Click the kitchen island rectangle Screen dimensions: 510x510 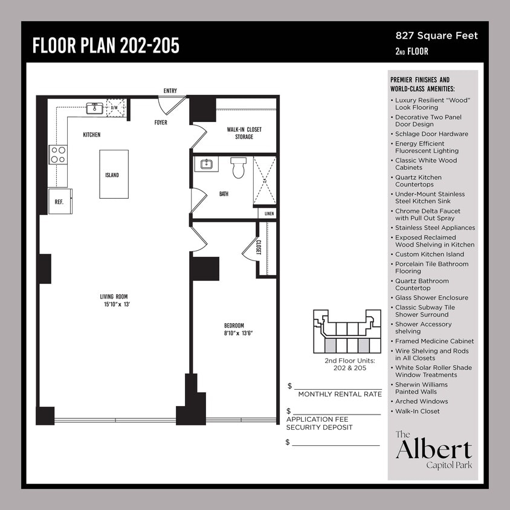(x=114, y=174)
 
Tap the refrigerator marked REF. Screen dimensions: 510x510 (x=60, y=201)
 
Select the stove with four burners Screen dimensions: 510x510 (x=58, y=155)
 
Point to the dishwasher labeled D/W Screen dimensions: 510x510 (x=115, y=108)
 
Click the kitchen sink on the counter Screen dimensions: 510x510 (x=94, y=108)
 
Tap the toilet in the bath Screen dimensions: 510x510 (x=238, y=167)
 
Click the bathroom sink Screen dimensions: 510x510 (x=207, y=164)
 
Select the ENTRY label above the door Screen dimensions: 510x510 (x=170, y=91)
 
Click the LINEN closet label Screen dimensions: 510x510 (x=268, y=213)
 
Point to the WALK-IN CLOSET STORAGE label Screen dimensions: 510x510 (x=244, y=133)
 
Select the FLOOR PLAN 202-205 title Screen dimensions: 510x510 (x=106, y=45)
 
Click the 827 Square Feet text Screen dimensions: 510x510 (x=436, y=36)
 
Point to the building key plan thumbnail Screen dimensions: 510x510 (x=347, y=331)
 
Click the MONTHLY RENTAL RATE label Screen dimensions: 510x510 (x=340, y=394)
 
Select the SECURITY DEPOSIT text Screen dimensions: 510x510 (x=319, y=427)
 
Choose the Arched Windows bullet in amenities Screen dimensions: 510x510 (x=421, y=401)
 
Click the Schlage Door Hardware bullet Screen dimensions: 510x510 (x=431, y=134)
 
